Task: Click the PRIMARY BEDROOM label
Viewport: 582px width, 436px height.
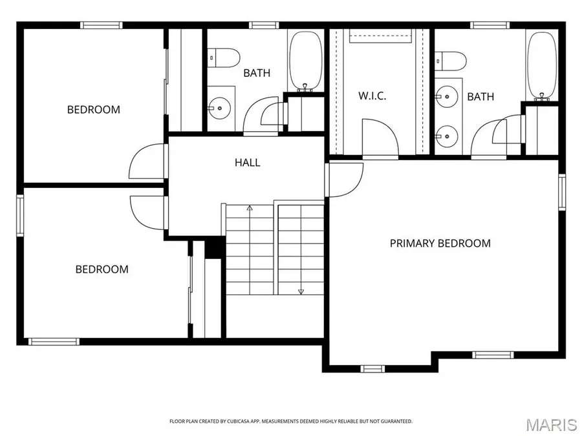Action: tap(440, 244)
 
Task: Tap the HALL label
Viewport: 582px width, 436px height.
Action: tap(247, 163)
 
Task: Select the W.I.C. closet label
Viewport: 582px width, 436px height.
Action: tap(372, 96)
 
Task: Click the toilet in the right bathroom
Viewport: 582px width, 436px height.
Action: tap(451, 61)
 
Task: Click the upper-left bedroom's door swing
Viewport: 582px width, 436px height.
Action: tap(147, 161)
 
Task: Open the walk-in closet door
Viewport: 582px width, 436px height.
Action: tap(380, 138)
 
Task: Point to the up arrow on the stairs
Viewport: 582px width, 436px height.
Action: tap(250, 208)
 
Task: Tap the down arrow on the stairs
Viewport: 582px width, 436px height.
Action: tap(301, 291)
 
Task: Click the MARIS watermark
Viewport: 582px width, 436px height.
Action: tap(551, 424)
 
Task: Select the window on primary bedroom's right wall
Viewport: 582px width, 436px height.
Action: tap(562, 191)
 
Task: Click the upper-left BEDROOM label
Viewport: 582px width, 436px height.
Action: tap(94, 110)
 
